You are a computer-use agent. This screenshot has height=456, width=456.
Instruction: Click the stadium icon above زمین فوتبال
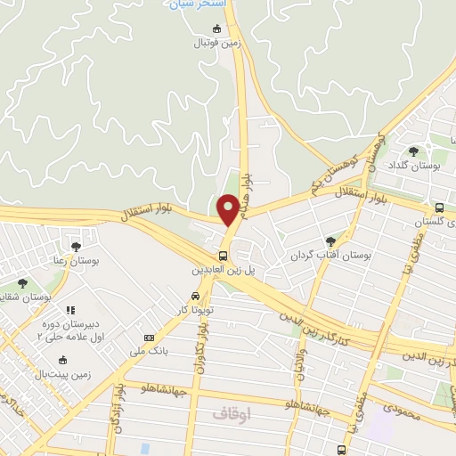[x=216, y=28]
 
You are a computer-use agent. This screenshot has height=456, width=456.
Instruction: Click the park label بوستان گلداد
[x=416, y=166]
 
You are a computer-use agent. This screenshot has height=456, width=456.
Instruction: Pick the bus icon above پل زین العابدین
[x=223, y=254]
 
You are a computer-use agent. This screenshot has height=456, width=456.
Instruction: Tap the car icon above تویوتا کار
[x=194, y=297]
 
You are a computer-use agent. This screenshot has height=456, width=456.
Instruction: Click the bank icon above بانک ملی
[x=148, y=338]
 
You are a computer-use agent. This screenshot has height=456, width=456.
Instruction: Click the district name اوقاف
[x=234, y=414]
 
